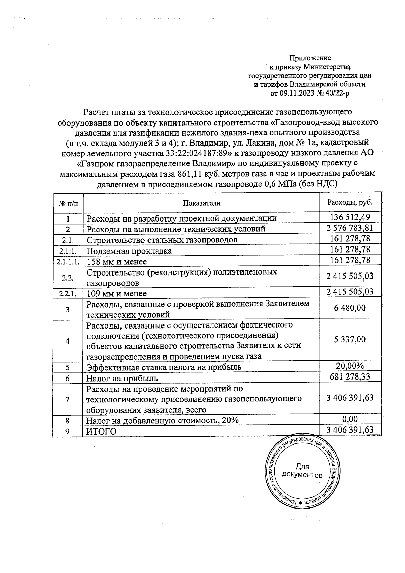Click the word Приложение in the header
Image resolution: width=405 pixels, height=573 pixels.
click(310, 58)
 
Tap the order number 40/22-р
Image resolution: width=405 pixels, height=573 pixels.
click(335, 93)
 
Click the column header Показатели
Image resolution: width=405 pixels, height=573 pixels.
click(201, 203)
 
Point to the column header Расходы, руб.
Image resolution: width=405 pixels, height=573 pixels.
click(350, 202)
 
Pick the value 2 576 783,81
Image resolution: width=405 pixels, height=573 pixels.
click(350, 228)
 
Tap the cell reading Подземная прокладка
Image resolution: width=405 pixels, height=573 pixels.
click(129, 251)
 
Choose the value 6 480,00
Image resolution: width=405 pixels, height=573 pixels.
click(350, 308)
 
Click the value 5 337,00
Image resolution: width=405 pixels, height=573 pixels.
click(350, 339)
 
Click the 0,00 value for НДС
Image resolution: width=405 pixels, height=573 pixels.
click(350, 419)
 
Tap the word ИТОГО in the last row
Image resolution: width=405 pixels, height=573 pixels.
click(102, 432)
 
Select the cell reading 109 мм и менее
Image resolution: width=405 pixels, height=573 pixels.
click(117, 293)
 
